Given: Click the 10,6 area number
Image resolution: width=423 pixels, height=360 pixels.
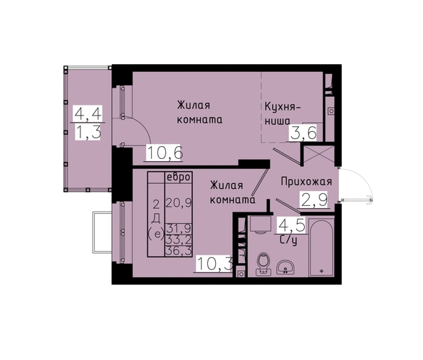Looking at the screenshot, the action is [164, 153].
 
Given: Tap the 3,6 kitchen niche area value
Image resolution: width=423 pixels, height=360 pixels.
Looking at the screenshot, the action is [303, 133].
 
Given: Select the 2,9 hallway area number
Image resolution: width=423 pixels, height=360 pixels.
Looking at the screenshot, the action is [314, 200].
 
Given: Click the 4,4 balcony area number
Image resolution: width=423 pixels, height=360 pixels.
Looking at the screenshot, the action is [88, 113].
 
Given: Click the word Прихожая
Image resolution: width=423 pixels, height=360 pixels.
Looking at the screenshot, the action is [306, 182].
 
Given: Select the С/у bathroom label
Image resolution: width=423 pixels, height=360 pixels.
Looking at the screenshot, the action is [289, 240].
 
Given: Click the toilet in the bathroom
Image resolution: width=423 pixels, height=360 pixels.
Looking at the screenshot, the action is [263, 264].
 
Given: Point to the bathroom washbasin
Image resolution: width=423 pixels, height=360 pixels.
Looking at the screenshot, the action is [285, 267].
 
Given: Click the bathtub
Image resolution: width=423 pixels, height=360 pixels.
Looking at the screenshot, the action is [321, 247].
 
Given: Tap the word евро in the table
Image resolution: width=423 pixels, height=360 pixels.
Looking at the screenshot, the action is [179, 178].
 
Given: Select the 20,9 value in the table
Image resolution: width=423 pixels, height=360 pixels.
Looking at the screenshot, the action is [179, 202].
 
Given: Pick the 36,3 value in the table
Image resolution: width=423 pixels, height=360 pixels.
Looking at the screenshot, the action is [179, 251].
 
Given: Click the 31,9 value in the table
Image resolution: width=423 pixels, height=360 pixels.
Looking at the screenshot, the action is [179, 228].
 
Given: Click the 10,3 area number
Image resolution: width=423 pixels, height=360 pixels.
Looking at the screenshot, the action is [215, 264].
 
